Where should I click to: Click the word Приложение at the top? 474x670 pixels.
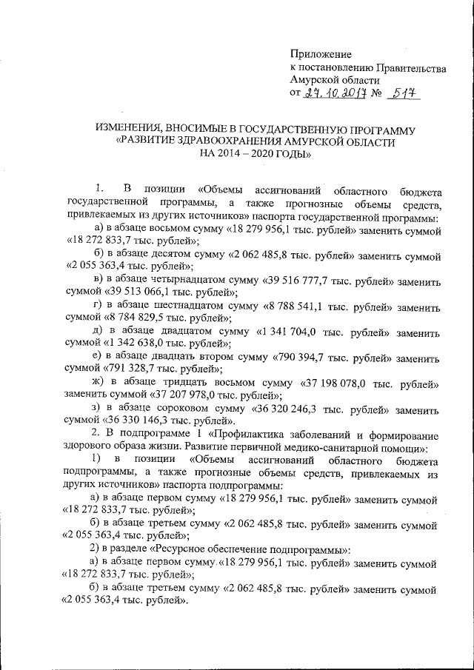319,54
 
